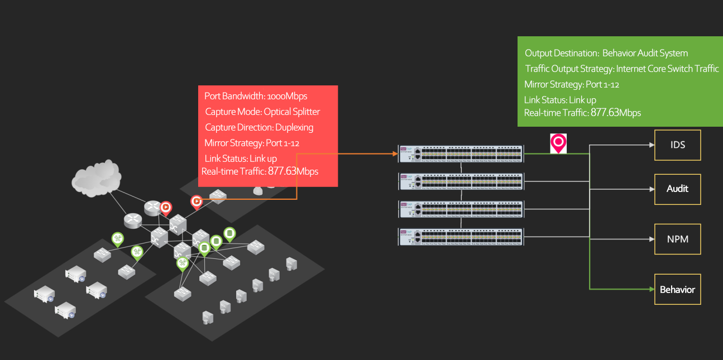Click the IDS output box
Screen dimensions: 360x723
pyautogui.click(x=677, y=145)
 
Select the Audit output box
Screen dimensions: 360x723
pyautogui.click(x=677, y=189)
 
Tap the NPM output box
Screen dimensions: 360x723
pyautogui.click(x=677, y=239)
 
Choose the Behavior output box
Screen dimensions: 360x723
pyautogui.click(x=677, y=289)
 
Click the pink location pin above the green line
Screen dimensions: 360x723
pyautogui.click(x=558, y=142)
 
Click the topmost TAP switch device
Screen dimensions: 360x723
pyautogui.click(x=461, y=154)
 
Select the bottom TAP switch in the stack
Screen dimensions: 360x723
pyautogui.click(x=461, y=237)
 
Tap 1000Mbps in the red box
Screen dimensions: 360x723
pyautogui.click(x=287, y=96)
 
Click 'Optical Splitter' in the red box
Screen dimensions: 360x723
pyautogui.click(x=291, y=112)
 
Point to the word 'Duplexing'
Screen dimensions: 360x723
pyautogui.click(x=294, y=127)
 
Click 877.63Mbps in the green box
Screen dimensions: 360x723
pyautogui.click(x=615, y=113)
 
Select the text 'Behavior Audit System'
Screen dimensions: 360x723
pyautogui.click(x=645, y=53)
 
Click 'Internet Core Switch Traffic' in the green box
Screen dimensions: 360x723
pyautogui.click(x=667, y=69)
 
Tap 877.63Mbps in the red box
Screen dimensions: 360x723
pyautogui.click(x=293, y=171)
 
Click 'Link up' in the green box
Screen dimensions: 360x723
pyautogui.click(x=582, y=100)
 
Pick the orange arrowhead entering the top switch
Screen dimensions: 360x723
pyautogui.click(x=393, y=153)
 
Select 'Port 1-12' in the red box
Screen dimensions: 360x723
pyautogui.click(x=285, y=143)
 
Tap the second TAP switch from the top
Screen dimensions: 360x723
pyautogui.click(x=461, y=181)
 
